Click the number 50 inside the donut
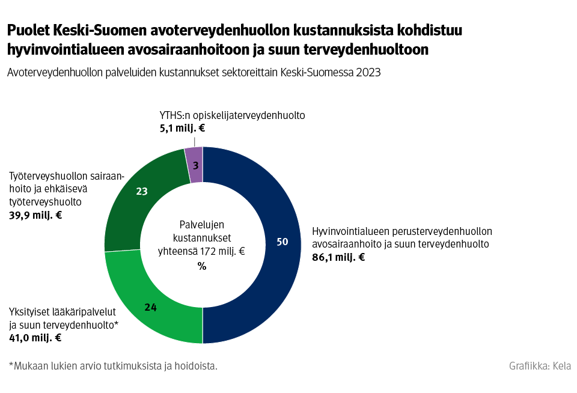click(282, 242)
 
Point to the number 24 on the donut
click(150, 307)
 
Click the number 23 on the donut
click(142, 192)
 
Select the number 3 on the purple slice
click(195, 165)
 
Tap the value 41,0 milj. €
click(35, 338)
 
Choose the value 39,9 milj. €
click(35, 215)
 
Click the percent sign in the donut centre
click(202, 267)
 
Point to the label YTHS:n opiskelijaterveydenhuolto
click(232, 115)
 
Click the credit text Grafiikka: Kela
click(540, 365)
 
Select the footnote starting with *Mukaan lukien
click(113, 365)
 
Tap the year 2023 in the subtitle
click(368, 72)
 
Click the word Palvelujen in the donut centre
click(202, 224)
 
